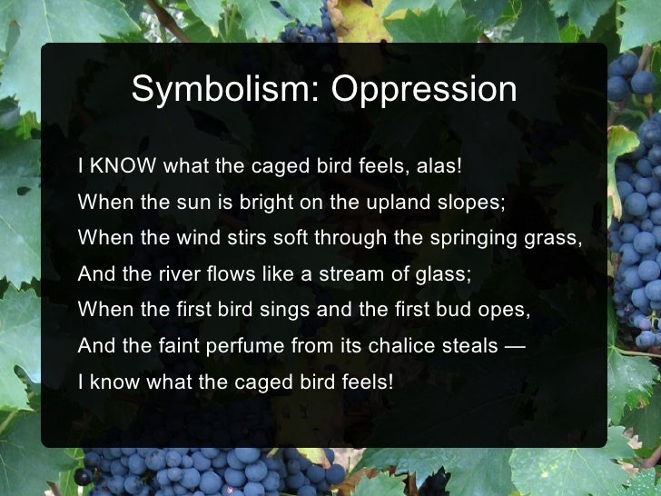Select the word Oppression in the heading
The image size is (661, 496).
423,90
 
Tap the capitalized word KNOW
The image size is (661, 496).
121,167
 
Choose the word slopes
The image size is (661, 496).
467,203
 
